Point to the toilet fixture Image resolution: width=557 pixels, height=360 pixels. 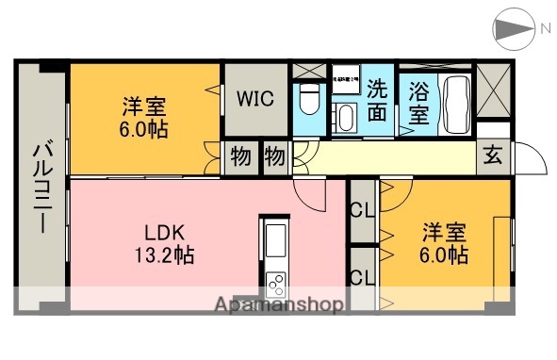pyautogui.click(x=308, y=98)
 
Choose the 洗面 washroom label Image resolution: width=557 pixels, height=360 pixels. pyautogui.click(x=377, y=101)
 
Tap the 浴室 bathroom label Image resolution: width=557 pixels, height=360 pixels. pyautogui.click(x=419, y=103)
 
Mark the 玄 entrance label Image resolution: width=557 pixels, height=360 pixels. pyautogui.click(x=493, y=156)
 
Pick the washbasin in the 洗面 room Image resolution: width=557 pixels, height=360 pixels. pyautogui.click(x=345, y=118)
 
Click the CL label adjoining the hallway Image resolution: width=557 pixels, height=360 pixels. pyautogui.click(x=361, y=210)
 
